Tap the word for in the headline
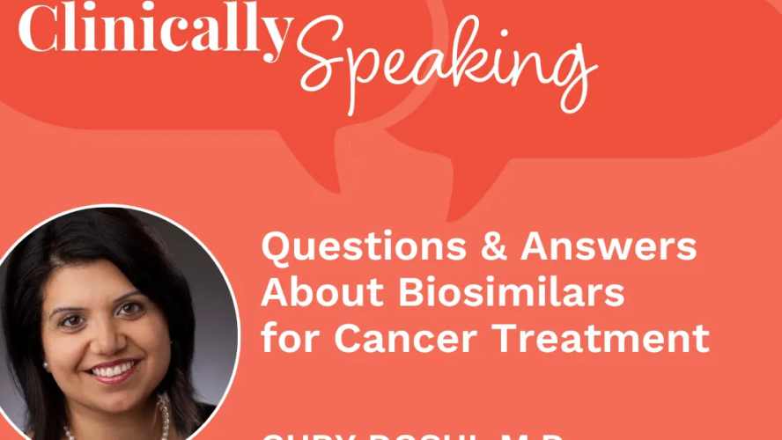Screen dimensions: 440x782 pyautogui.click(x=284, y=338)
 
